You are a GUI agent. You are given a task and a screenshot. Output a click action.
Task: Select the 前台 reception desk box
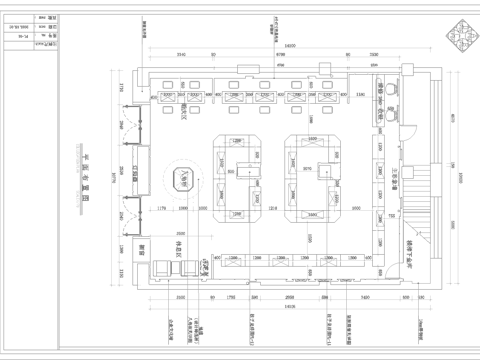[x=141, y=255]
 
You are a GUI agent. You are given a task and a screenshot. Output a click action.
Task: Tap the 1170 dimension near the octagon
[x=163, y=209]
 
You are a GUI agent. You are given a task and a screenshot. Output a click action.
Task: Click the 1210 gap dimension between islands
[x=272, y=209]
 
